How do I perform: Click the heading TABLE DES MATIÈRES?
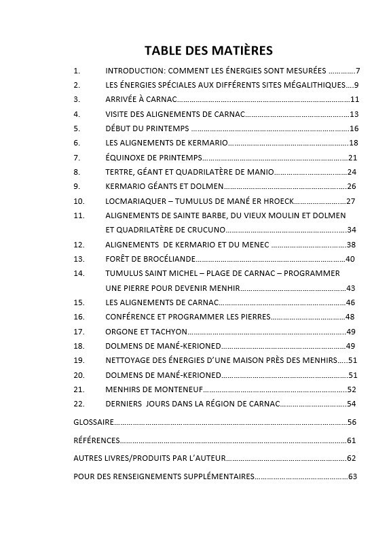click(x=208, y=50)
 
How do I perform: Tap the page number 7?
click(x=358, y=71)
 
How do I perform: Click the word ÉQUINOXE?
click(x=124, y=158)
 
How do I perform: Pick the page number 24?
click(x=352, y=172)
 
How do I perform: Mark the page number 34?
click(x=352, y=230)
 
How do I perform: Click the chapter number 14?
click(x=79, y=273)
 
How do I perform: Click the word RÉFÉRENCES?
click(x=97, y=440)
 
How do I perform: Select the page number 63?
click(x=352, y=476)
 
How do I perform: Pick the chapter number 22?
click(x=79, y=404)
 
